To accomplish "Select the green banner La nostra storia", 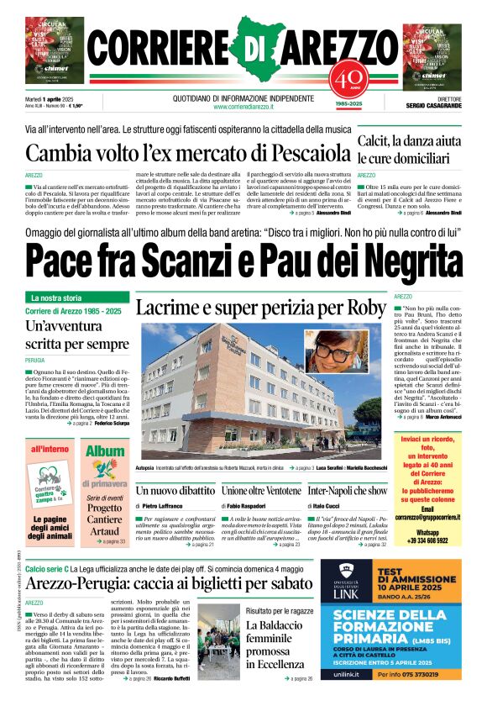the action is point(80,298).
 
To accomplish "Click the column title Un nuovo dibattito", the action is point(164,489).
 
